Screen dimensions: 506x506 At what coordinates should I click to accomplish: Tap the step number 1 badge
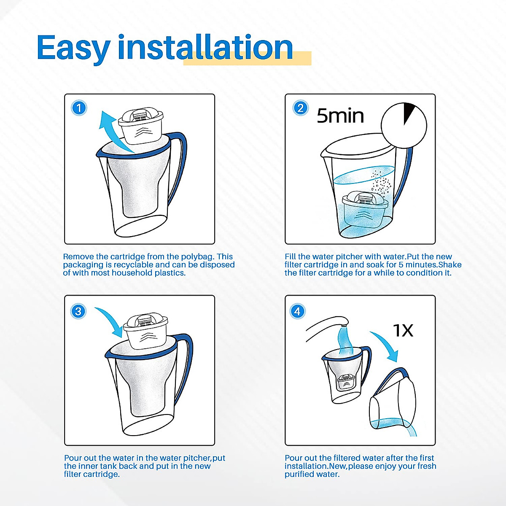(79, 108)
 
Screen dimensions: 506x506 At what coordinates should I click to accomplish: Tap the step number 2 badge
(300, 108)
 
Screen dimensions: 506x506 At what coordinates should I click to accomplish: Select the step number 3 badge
(78, 312)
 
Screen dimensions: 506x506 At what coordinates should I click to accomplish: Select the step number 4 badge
(298, 311)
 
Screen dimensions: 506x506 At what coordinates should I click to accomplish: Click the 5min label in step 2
(340, 116)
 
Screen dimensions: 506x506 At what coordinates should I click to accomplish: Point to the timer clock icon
(404, 125)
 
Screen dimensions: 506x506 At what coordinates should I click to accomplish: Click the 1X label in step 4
(403, 331)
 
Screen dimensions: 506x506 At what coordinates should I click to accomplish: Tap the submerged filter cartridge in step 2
(364, 209)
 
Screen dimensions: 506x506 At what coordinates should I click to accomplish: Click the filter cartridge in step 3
(146, 331)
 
